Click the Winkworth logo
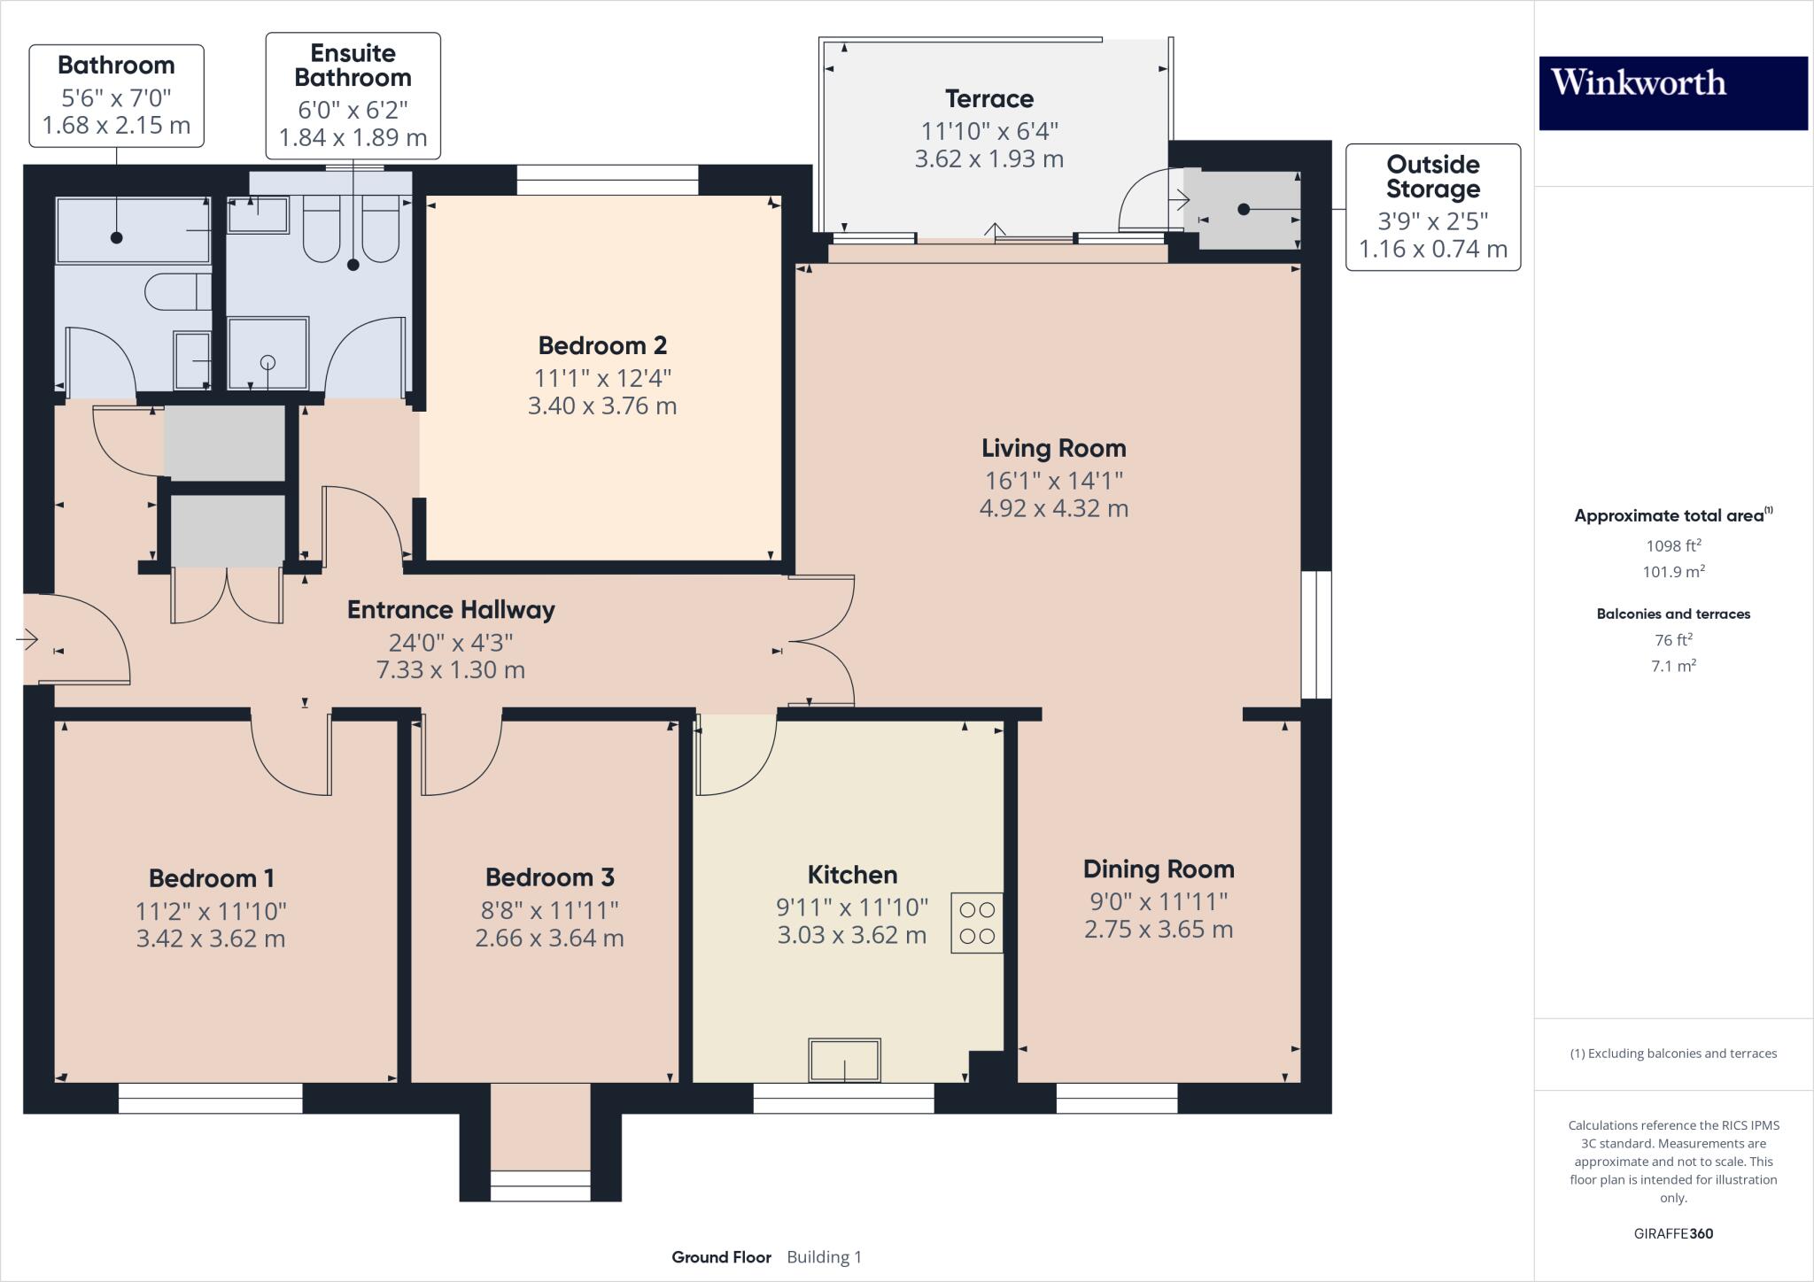(1672, 93)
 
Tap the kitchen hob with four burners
(977, 923)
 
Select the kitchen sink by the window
(844, 1060)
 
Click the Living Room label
(1053, 448)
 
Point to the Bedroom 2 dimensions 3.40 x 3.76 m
(602, 406)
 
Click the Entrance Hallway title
(451, 609)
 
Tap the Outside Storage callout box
(1432, 206)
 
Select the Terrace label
(988, 98)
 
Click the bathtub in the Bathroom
(133, 230)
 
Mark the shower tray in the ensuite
(268, 353)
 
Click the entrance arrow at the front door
(27, 638)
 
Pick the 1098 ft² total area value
(1673, 545)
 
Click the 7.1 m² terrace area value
(1673, 666)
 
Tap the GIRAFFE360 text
(1673, 1233)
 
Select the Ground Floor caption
(721, 1257)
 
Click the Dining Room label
(1158, 869)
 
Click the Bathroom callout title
(116, 65)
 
